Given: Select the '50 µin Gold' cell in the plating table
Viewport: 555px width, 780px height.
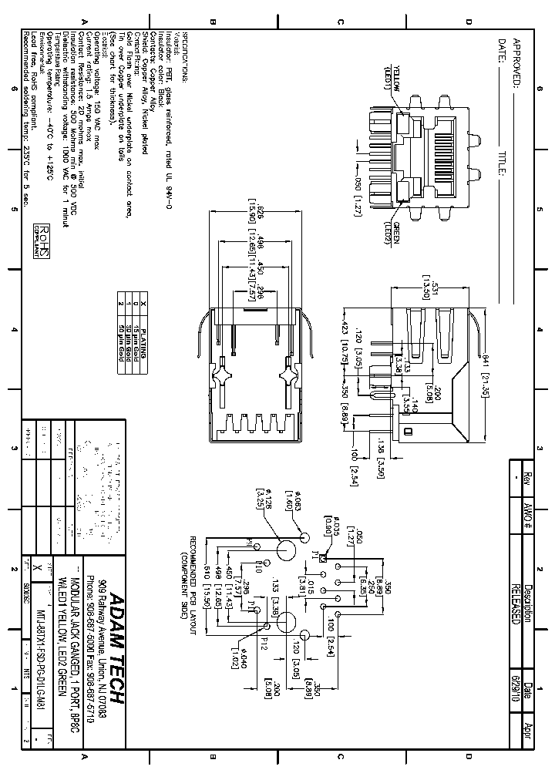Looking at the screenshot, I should (121, 333).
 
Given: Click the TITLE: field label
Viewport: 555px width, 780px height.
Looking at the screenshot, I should (500, 163).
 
